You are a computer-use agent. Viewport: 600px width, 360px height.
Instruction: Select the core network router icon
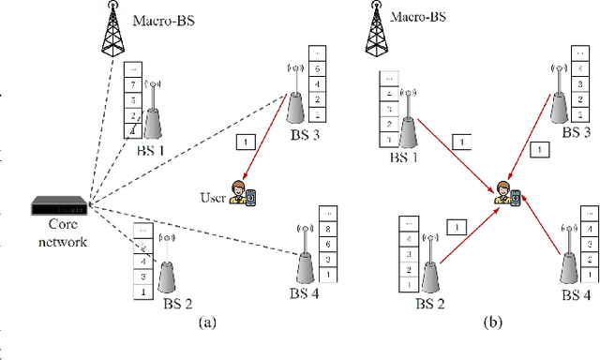tap(57, 203)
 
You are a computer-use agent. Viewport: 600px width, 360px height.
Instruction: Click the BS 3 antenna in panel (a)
tap(292, 97)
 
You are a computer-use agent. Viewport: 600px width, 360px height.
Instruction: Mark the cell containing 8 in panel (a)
tap(327, 228)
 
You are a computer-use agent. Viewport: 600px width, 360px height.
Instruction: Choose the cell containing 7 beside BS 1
tap(133, 85)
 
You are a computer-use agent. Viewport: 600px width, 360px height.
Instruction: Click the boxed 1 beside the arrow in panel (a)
tap(246, 142)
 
